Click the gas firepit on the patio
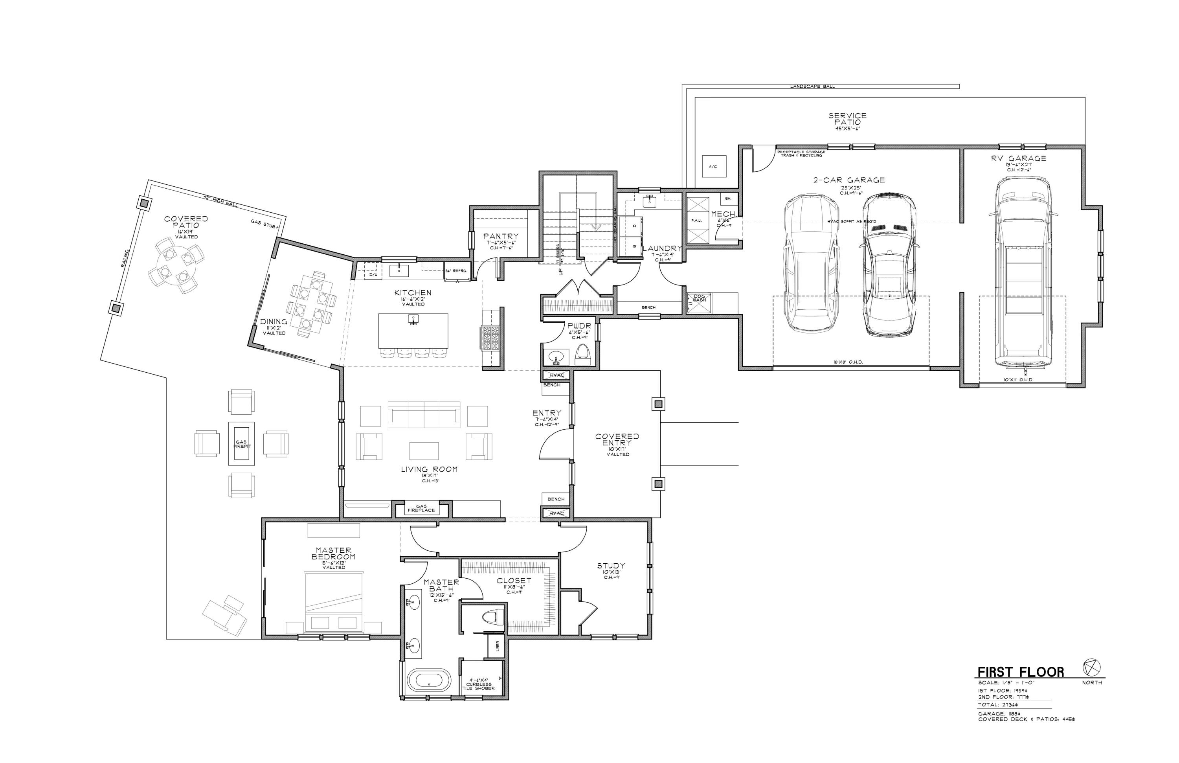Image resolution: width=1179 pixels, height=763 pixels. coord(242,443)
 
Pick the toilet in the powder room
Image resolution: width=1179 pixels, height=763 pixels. coord(583,354)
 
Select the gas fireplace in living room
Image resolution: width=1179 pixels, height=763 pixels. coord(421,508)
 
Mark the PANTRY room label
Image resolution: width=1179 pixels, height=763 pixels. coord(501,237)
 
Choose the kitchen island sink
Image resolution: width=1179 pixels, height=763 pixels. coord(413,320)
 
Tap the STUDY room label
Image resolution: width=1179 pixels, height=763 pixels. coord(610,566)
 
